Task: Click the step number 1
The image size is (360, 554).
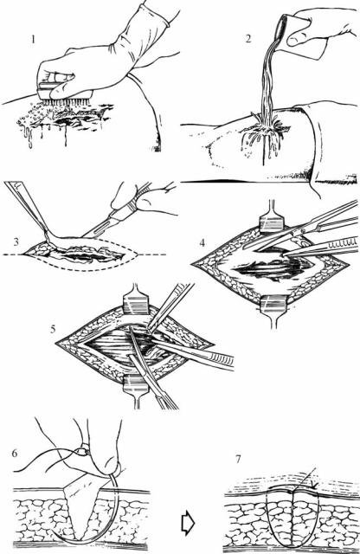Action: point(33,39)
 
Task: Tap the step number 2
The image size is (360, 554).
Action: point(248,38)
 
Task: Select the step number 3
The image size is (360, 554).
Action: point(16,242)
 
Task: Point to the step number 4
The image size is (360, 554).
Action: point(202,243)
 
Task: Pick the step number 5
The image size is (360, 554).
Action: point(53,329)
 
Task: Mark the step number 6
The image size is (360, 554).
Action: point(15,454)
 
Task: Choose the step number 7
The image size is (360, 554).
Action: point(238,459)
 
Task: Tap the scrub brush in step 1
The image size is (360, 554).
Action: point(65,93)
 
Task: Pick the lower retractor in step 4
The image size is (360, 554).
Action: point(274,310)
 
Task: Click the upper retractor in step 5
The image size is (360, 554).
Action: point(135,300)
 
